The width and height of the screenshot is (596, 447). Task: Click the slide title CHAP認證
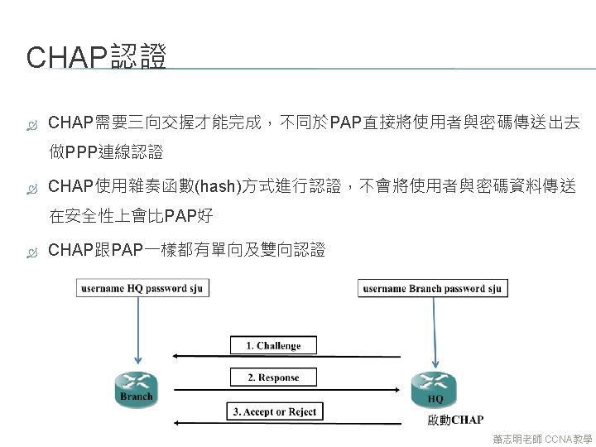point(97,57)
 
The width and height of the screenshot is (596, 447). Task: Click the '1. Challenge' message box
point(273,345)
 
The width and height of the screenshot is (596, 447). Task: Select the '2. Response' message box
point(273,377)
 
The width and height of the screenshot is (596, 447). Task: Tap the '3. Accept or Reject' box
point(274,411)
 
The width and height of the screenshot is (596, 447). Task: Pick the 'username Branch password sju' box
point(433,288)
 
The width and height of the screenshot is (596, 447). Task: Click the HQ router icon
point(434,383)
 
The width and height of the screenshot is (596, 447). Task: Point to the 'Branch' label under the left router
point(136,397)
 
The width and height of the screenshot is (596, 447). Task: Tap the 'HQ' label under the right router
point(435,400)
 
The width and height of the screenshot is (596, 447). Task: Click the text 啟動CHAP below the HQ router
point(455,421)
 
